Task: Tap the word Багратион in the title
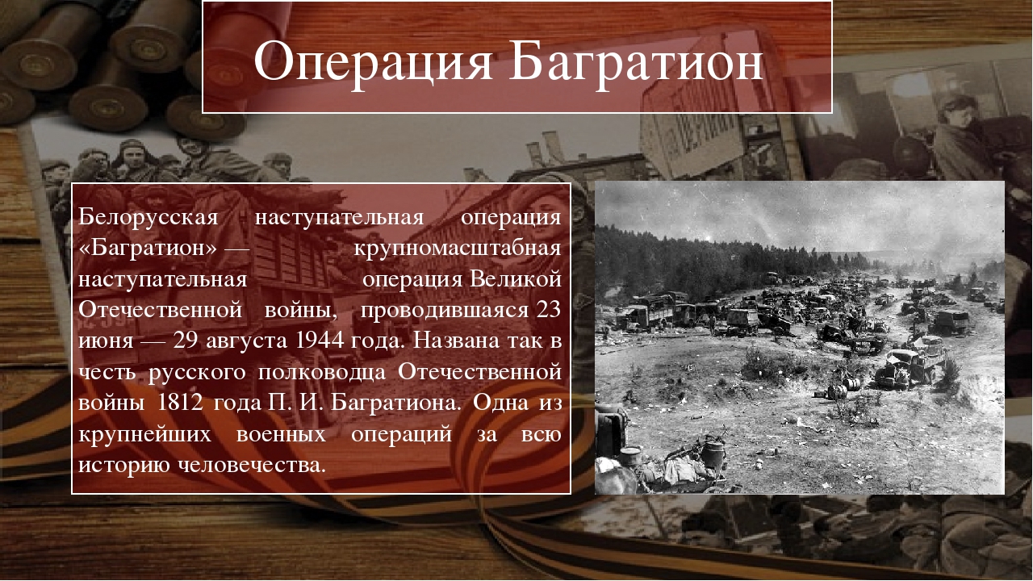coord(636,61)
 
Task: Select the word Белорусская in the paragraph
coord(148,218)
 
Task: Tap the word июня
coord(106,341)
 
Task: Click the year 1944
coord(320,341)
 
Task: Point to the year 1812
coord(180,403)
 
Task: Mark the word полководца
coord(321,373)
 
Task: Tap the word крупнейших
coord(144,435)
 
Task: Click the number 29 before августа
coord(186,341)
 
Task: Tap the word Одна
coord(500,403)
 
